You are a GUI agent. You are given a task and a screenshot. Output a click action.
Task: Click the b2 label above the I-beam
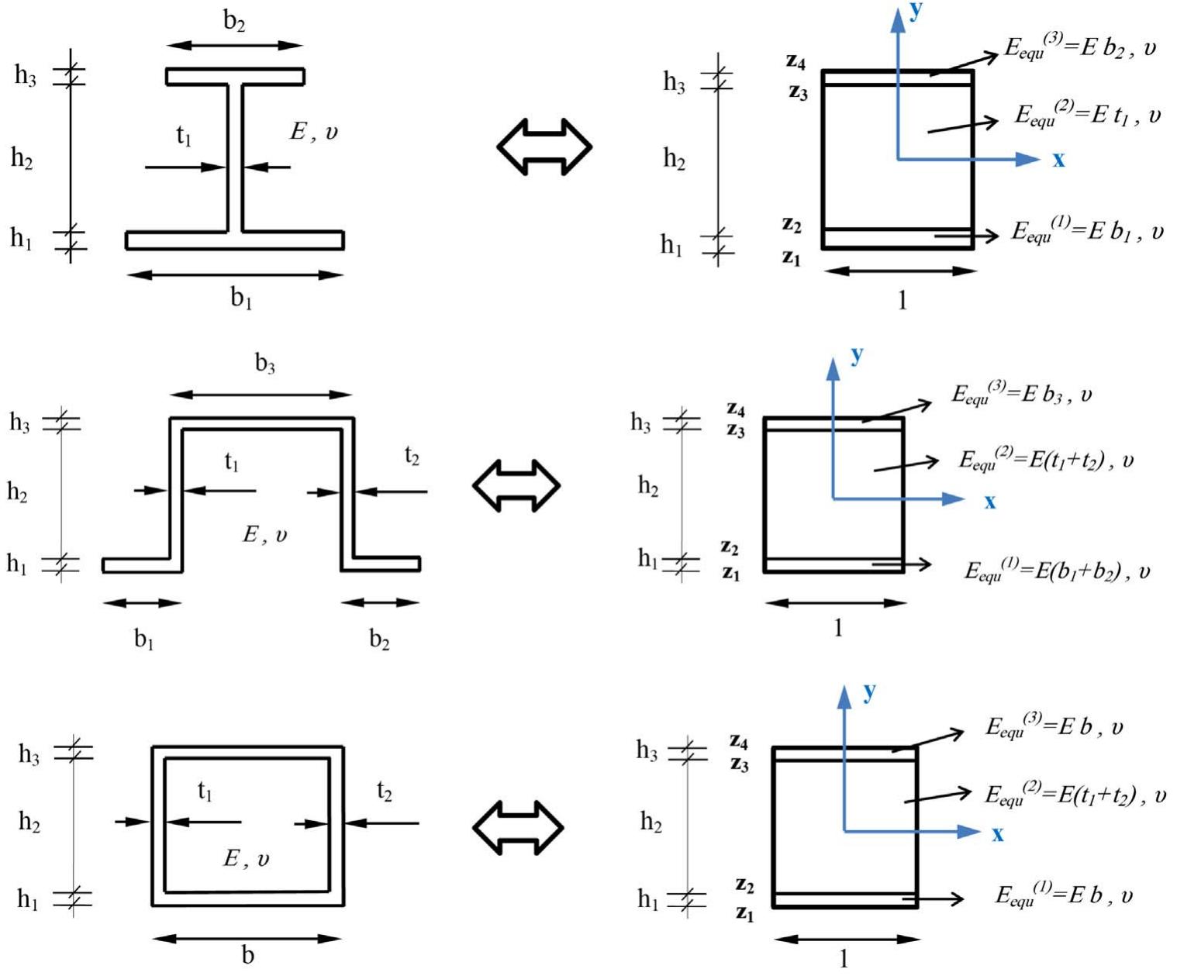[x=234, y=21]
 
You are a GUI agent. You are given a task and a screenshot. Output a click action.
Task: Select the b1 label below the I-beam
[x=241, y=298]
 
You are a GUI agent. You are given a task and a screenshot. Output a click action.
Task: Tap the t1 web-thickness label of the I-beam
[x=184, y=136]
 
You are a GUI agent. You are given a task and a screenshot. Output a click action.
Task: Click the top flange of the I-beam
[x=235, y=76]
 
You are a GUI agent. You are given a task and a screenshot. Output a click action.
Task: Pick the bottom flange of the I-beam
[x=235, y=240]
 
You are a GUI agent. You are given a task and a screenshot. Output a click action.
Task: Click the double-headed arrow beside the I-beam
[x=544, y=146]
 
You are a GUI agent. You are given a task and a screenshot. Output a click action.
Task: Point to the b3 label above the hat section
[x=265, y=363]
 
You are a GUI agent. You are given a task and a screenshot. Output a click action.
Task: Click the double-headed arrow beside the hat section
[x=516, y=486]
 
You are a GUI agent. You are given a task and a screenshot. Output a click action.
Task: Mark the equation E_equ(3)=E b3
[x=1021, y=395]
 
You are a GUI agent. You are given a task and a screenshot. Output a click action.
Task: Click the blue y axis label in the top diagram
[x=916, y=11]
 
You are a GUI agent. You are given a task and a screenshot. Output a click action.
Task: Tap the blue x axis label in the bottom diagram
[x=997, y=834]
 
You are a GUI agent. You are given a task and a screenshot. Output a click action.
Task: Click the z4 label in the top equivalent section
[x=796, y=61]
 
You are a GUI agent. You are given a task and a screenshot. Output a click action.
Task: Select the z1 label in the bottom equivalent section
[x=744, y=913]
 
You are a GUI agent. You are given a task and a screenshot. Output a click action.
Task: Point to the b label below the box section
[x=248, y=955]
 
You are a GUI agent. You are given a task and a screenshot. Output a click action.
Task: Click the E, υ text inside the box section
[x=247, y=858]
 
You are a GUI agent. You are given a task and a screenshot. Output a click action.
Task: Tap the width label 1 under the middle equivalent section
[x=837, y=627]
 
